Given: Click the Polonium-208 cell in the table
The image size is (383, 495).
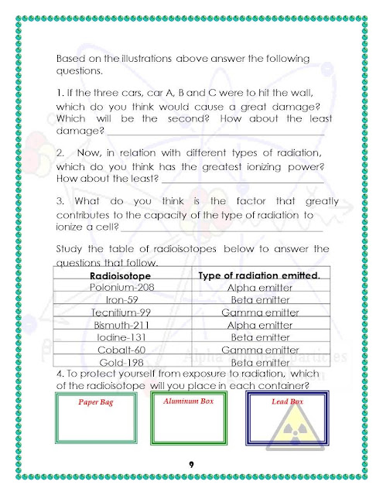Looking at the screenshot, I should (115, 288).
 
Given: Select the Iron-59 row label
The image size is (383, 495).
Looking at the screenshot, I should (115, 300).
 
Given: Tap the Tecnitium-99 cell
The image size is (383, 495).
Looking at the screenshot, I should (115, 313).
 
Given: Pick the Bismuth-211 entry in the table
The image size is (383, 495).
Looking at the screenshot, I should (115, 326).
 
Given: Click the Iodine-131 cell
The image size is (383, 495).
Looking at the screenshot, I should (115, 338).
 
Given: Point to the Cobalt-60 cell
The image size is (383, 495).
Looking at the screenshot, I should (115, 350).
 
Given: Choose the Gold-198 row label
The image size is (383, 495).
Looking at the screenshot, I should (115, 362).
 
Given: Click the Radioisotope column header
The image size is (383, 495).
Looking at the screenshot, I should (115, 275).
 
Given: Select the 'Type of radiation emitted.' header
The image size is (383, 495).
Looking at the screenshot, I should (259, 275).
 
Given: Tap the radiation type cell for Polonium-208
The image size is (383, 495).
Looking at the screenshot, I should (259, 288).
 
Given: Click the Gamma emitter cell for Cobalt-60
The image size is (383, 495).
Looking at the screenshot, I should (259, 350).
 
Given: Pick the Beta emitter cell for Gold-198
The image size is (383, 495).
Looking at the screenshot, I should (259, 362).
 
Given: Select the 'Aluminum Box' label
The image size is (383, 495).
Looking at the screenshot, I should (189, 401).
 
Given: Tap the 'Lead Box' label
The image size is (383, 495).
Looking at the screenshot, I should (286, 402).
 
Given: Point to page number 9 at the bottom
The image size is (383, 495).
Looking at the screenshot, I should (190, 463).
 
